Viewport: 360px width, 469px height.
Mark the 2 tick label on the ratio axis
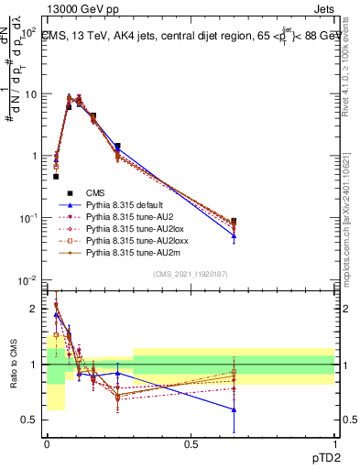35,309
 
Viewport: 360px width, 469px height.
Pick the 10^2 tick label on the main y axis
27,32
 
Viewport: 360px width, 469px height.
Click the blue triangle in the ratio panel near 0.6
234,409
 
